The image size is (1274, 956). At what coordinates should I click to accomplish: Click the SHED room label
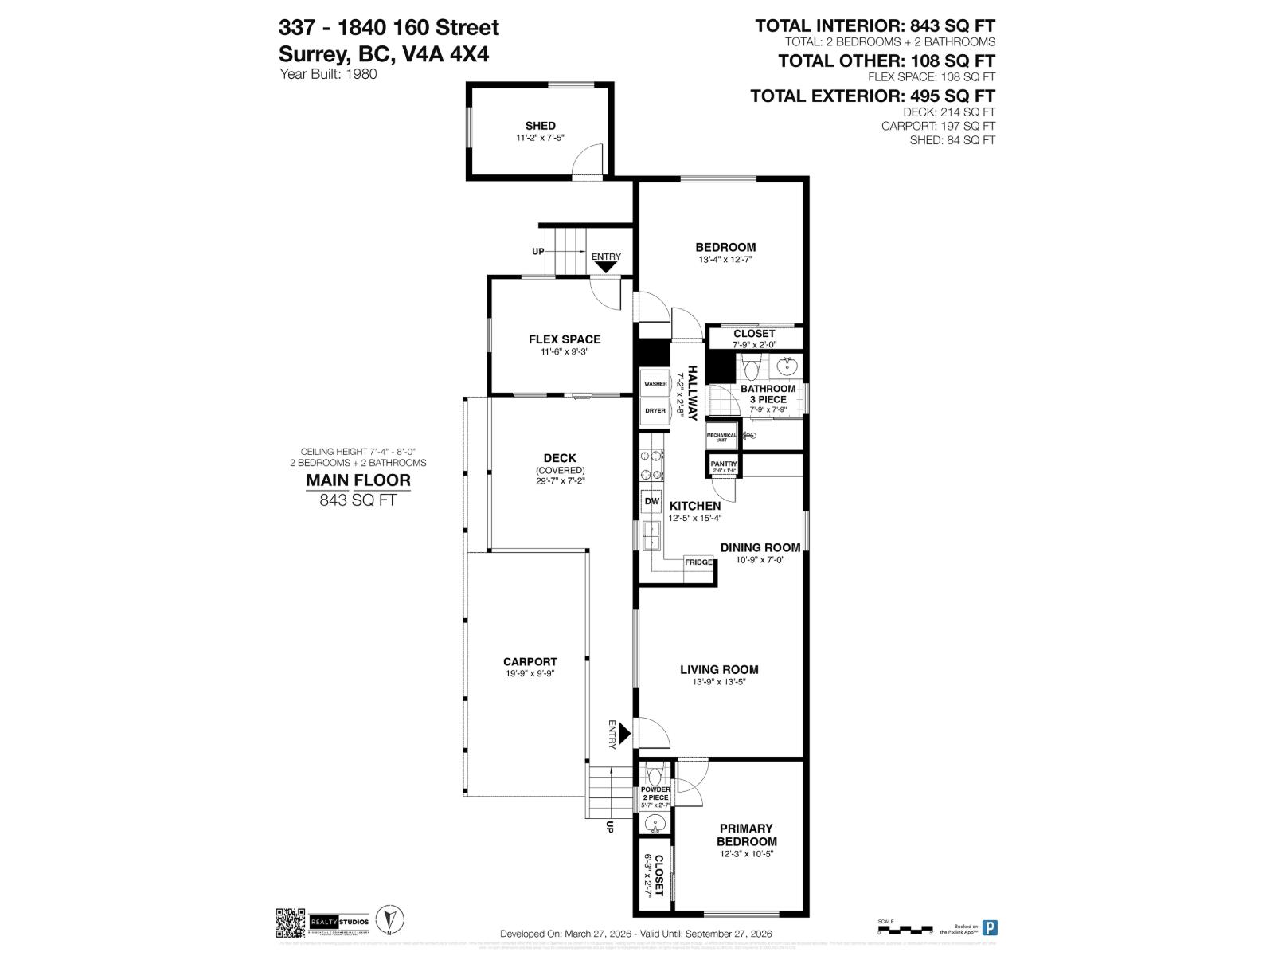click(x=540, y=126)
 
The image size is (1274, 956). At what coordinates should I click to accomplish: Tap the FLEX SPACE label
click(x=565, y=339)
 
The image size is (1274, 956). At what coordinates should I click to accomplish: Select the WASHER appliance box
click(x=655, y=384)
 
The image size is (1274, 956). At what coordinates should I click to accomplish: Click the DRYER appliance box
click(x=655, y=411)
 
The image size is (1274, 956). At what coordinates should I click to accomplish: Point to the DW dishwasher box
click(x=651, y=502)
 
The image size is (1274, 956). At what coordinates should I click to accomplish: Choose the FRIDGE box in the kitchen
click(x=698, y=562)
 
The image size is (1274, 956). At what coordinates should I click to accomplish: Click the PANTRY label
click(x=724, y=464)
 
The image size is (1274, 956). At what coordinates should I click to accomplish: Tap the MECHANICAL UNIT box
click(x=721, y=437)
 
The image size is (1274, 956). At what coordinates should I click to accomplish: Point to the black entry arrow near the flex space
click(x=606, y=267)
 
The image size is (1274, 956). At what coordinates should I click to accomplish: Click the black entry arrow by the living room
click(x=626, y=732)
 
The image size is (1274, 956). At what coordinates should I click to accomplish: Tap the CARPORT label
click(x=530, y=662)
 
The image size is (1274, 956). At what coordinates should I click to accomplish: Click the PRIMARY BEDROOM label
click(x=746, y=835)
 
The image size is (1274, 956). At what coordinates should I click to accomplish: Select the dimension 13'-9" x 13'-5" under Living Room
click(x=718, y=682)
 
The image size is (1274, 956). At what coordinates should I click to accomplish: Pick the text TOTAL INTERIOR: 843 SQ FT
click(x=874, y=26)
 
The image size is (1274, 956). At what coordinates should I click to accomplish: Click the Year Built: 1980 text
click(x=328, y=74)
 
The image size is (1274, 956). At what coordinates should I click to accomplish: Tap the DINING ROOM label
click(x=760, y=548)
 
